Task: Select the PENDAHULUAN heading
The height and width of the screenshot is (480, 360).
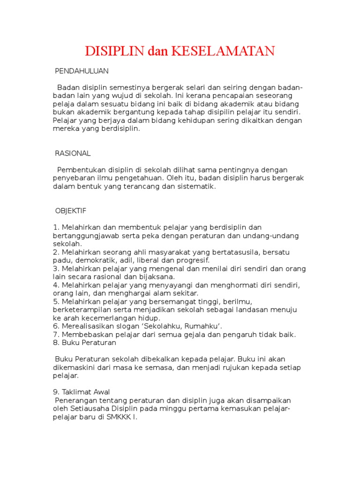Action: [82, 71]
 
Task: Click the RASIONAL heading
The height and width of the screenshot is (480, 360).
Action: [73, 153]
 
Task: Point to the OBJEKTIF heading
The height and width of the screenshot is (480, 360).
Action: [71, 211]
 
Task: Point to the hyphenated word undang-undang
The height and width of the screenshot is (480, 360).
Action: [273, 235]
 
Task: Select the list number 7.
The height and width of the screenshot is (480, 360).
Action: [55, 335]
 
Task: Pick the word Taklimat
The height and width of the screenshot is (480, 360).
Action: [76, 392]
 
